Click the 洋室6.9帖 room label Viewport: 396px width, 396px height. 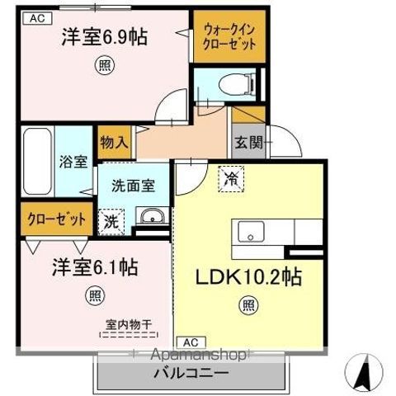[104, 38]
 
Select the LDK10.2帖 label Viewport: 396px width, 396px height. [247, 277]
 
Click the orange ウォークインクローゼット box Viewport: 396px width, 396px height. [230, 36]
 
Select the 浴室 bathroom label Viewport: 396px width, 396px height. [72, 163]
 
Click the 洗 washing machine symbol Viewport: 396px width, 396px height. [110, 220]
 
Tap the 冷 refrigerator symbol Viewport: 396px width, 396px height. [231, 178]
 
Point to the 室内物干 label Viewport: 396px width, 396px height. [123, 325]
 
